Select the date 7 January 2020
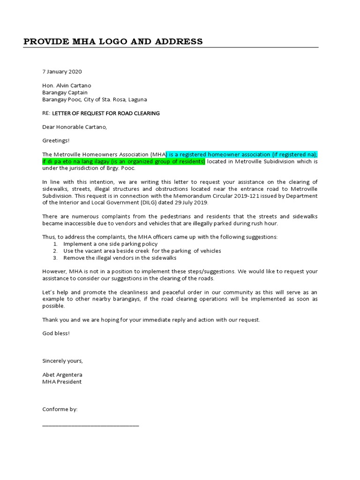pyautogui.click(x=62, y=72)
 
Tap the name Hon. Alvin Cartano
pyautogui.click(x=67, y=85)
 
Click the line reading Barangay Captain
pyautogui.click(x=65, y=92)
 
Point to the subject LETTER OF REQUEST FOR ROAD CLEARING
pyautogui.click(x=105, y=113)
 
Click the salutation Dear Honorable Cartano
pyautogui.click(x=75, y=127)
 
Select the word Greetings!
pyautogui.click(x=56, y=140)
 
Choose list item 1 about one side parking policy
pyautogui.click(x=110, y=244)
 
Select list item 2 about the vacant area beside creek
pyautogui.click(x=142, y=251)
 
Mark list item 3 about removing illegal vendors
pyautogui.click(x=120, y=258)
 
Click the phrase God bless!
pyautogui.click(x=56, y=333)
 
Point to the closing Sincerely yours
pyautogui.click(x=62, y=360)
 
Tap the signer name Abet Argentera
pyautogui.click(x=62, y=375)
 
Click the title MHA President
pyautogui.click(x=62, y=382)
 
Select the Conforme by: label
pyautogui.click(x=60, y=409)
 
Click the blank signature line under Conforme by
pyautogui.click(x=90, y=425)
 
